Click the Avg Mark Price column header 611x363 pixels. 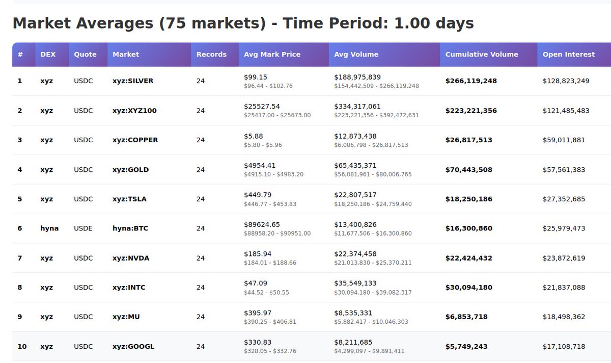[x=272, y=55]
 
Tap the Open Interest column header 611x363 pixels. [x=568, y=55]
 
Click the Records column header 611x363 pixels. [x=211, y=55]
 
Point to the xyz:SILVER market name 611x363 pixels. [x=133, y=81]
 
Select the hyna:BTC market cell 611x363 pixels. [x=130, y=228]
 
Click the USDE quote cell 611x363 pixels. [x=84, y=228]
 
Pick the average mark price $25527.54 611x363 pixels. [x=262, y=107]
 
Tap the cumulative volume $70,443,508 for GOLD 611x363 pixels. [x=468, y=170]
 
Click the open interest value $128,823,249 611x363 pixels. [x=566, y=81]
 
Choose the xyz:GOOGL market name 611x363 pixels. [x=133, y=347]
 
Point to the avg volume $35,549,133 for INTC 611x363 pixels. [x=355, y=283]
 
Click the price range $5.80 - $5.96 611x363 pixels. [x=263, y=145]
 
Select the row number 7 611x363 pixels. [x=20, y=258]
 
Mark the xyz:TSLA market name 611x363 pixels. [x=129, y=199]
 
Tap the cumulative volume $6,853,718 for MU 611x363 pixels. [x=466, y=317]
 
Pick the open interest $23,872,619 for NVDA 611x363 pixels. [x=564, y=258]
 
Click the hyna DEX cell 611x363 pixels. [x=49, y=228]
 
